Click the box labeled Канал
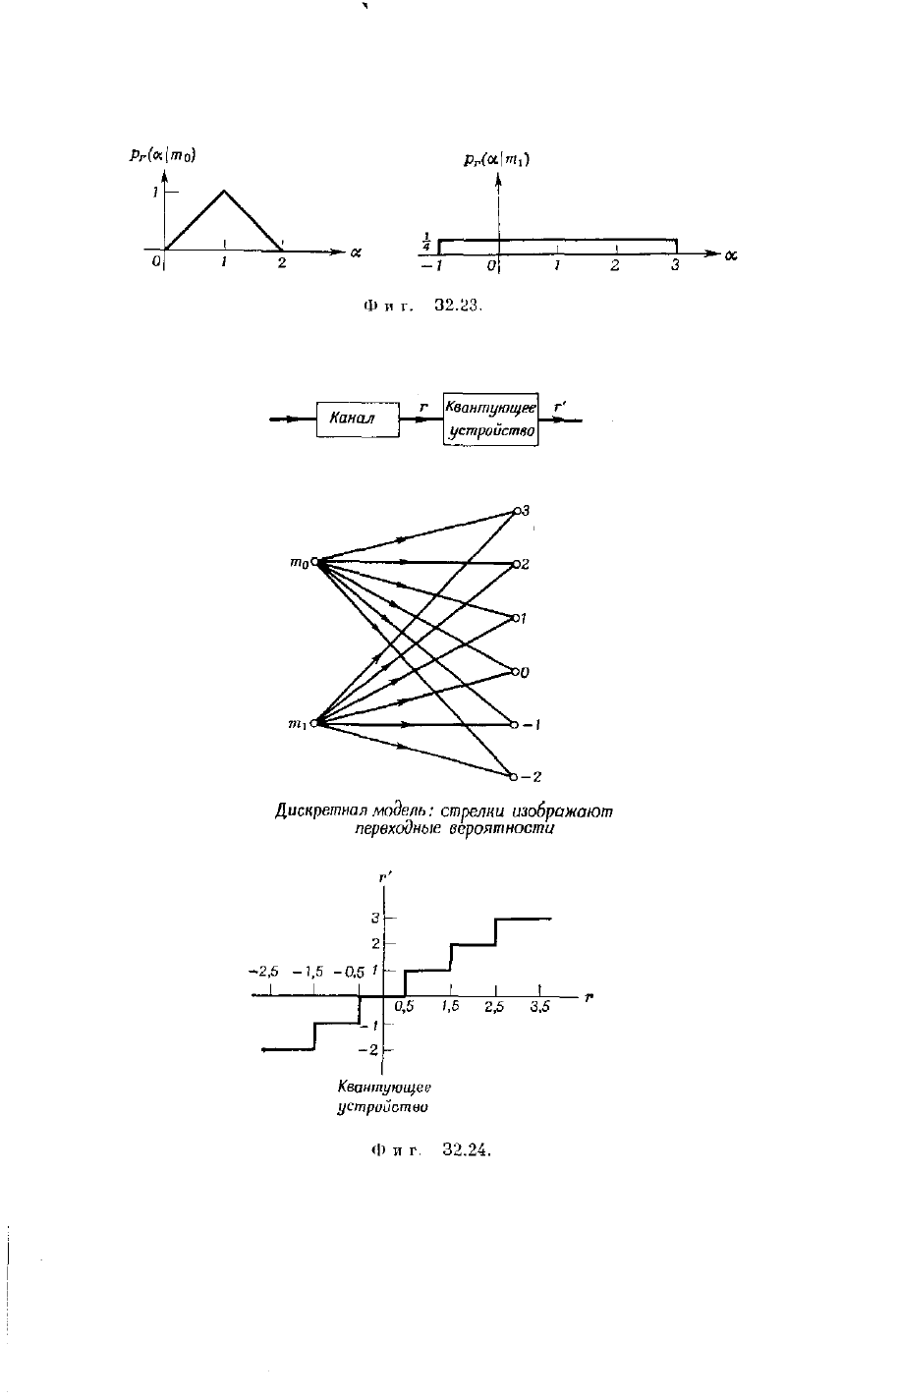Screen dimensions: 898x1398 358,419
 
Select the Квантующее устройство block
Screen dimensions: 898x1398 490,419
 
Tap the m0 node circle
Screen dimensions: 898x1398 314,562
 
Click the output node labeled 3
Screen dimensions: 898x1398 516,511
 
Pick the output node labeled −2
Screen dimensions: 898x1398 514,777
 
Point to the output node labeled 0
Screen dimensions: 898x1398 515,672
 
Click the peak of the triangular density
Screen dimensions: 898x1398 224,191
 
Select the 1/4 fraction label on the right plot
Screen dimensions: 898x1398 427,242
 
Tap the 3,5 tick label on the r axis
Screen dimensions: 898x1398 539,1007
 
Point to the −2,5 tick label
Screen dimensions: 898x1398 263,971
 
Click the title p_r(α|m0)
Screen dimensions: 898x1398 163,155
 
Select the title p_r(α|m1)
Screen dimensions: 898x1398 497,160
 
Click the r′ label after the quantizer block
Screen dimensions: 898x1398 560,407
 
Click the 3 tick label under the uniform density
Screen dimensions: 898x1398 675,265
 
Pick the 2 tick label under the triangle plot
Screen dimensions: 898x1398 282,262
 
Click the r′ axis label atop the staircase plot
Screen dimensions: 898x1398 384,877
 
